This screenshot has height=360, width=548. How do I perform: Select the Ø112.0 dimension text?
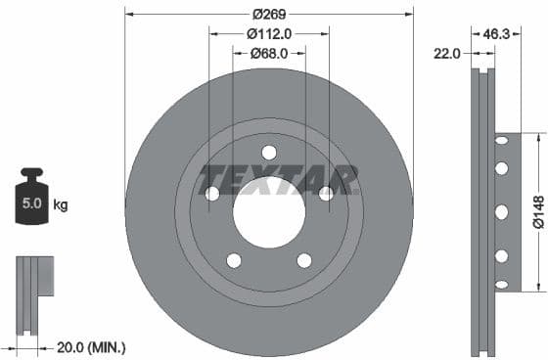point(268,33)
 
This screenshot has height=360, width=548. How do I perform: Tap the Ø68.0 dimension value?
point(268,53)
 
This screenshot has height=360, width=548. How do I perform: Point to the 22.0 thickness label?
point(447,54)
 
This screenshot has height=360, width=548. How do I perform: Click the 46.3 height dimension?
point(497,33)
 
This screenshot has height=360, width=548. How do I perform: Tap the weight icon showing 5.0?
point(31,202)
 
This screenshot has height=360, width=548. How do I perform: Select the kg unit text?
point(61,205)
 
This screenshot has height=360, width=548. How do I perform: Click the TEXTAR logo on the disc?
point(278,180)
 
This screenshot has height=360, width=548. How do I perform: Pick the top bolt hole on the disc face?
point(269,152)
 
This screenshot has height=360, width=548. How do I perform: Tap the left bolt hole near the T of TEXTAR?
point(211,194)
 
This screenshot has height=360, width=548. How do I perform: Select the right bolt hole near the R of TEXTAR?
point(327,194)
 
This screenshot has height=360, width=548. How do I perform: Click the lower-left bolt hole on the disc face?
point(234,260)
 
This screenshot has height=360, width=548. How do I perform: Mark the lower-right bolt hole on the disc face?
point(304,260)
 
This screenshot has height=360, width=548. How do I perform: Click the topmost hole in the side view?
point(501,142)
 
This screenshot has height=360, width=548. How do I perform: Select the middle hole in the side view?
point(501,212)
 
